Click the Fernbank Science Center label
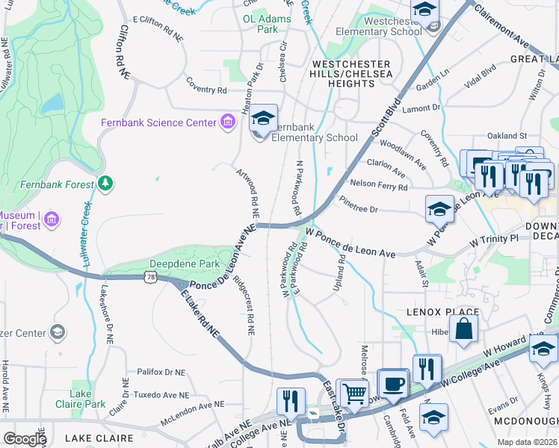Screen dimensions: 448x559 click(x=158, y=122)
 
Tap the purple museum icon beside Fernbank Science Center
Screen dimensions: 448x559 click(x=226, y=122)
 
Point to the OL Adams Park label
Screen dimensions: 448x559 click(x=256, y=22)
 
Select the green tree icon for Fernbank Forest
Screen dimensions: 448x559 click(x=105, y=183)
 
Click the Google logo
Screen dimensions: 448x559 click(x=25, y=438)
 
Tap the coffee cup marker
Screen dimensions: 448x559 click(x=392, y=385)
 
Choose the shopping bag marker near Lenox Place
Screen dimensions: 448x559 click(x=463, y=329)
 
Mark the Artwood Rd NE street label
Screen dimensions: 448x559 click(x=247, y=192)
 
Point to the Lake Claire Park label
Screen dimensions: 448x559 click(x=80, y=399)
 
